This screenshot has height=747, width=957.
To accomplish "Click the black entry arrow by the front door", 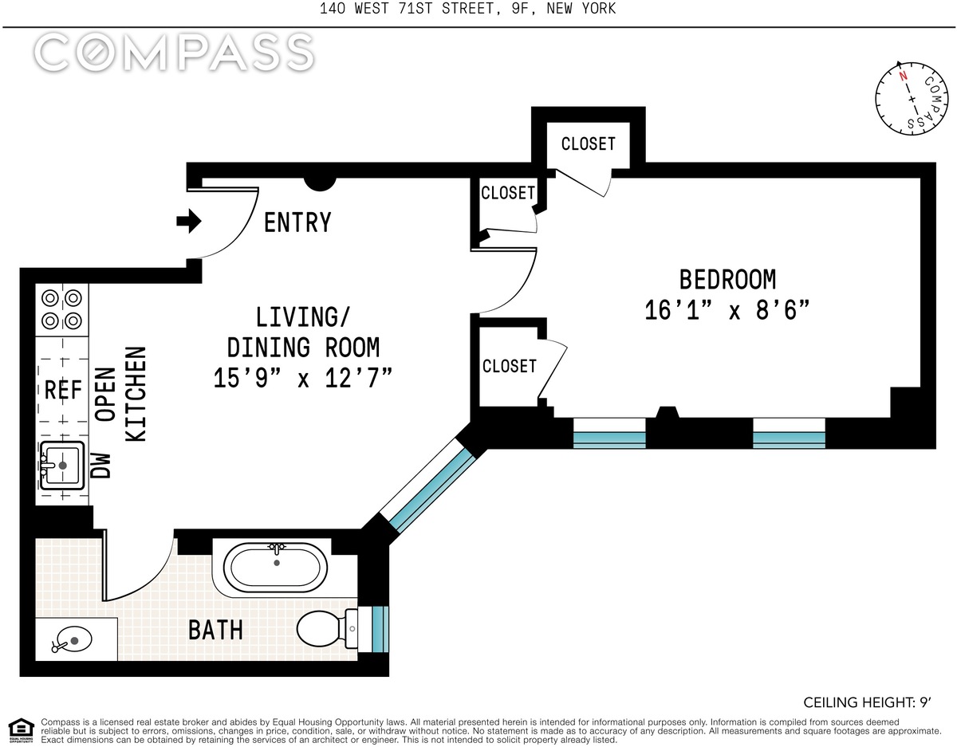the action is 189,221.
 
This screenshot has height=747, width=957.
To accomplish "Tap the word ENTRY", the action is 297,222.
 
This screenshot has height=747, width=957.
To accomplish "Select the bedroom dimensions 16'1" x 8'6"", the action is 727,310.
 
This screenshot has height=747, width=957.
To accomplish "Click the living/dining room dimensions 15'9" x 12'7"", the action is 302,378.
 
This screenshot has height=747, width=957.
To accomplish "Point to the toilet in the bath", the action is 328,628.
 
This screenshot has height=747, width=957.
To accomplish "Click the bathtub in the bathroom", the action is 276,568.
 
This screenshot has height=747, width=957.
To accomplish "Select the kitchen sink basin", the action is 62,466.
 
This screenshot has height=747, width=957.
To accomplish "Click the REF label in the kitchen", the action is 63,390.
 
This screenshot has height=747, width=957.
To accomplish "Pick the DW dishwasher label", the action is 100,466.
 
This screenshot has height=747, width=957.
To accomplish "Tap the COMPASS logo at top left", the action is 175,53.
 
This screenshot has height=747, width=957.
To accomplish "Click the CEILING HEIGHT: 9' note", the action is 867,702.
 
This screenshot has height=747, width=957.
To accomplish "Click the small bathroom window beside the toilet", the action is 380,629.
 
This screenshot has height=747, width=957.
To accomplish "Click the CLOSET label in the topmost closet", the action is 588,144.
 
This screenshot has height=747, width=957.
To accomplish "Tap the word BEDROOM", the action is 727,280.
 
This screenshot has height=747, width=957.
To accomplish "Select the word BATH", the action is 215,630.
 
